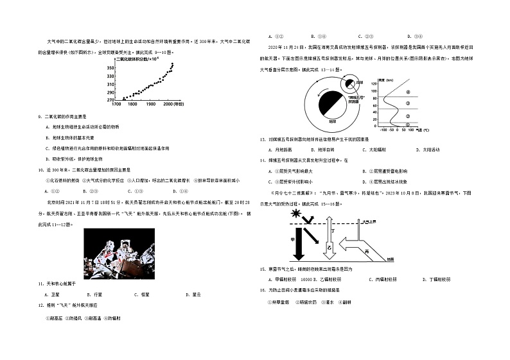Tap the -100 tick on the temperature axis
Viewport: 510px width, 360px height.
(x=383, y=130)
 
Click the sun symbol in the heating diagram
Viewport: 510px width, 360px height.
(x=296, y=212)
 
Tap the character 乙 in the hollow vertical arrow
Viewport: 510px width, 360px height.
(x=329, y=246)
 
